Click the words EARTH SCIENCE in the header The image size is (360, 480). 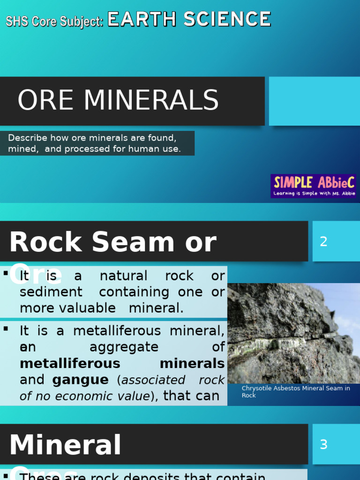click(x=189, y=20)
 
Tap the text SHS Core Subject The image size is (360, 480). click(x=54, y=22)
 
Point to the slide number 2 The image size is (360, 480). click(x=323, y=242)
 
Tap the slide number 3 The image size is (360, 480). click(x=323, y=444)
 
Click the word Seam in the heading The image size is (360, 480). click(x=126, y=242)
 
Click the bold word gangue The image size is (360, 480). click(x=80, y=380)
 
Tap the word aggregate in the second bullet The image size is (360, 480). click(x=124, y=347)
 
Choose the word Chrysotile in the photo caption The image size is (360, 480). click(x=257, y=389)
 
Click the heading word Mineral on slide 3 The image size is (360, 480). click(x=65, y=445)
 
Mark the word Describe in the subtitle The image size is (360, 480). click(x=28, y=138)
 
